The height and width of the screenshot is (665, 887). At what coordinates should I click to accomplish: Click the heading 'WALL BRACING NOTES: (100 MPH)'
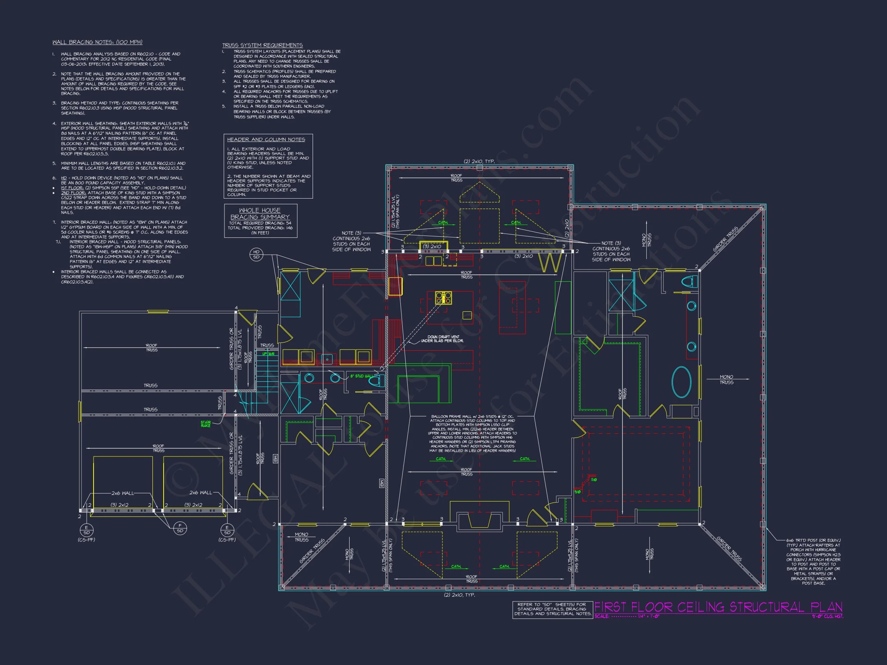[97, 42]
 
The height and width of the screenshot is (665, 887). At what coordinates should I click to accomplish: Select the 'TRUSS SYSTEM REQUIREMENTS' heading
[262, 45]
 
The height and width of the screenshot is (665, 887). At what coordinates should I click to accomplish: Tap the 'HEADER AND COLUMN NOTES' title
[266, 139]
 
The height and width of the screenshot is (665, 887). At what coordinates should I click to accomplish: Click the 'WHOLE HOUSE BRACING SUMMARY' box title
[260, 214]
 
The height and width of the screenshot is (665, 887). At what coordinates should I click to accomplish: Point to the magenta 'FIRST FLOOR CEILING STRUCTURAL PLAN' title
[718, 607]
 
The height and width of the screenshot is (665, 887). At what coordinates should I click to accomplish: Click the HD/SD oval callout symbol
[256, 254]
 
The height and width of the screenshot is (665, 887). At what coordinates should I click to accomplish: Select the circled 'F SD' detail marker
[180, 528]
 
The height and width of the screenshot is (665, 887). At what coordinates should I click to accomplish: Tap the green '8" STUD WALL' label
[361, 376]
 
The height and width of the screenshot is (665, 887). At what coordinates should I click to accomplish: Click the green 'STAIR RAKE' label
[206, 424]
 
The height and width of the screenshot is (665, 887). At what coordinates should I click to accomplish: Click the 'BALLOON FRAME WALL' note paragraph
[472, 433]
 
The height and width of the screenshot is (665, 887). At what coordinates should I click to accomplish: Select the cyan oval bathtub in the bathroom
[681, 382]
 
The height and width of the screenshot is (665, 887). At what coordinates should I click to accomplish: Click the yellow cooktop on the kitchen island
[443, 298]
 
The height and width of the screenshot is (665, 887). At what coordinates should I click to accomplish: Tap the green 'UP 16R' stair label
[268, 354]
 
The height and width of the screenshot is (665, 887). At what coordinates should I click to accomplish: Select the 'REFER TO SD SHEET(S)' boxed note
[552, 609]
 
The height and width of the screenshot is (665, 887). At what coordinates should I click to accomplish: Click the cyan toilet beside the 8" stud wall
[377, 381]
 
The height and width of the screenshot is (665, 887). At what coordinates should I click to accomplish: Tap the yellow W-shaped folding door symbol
[550, 263]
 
